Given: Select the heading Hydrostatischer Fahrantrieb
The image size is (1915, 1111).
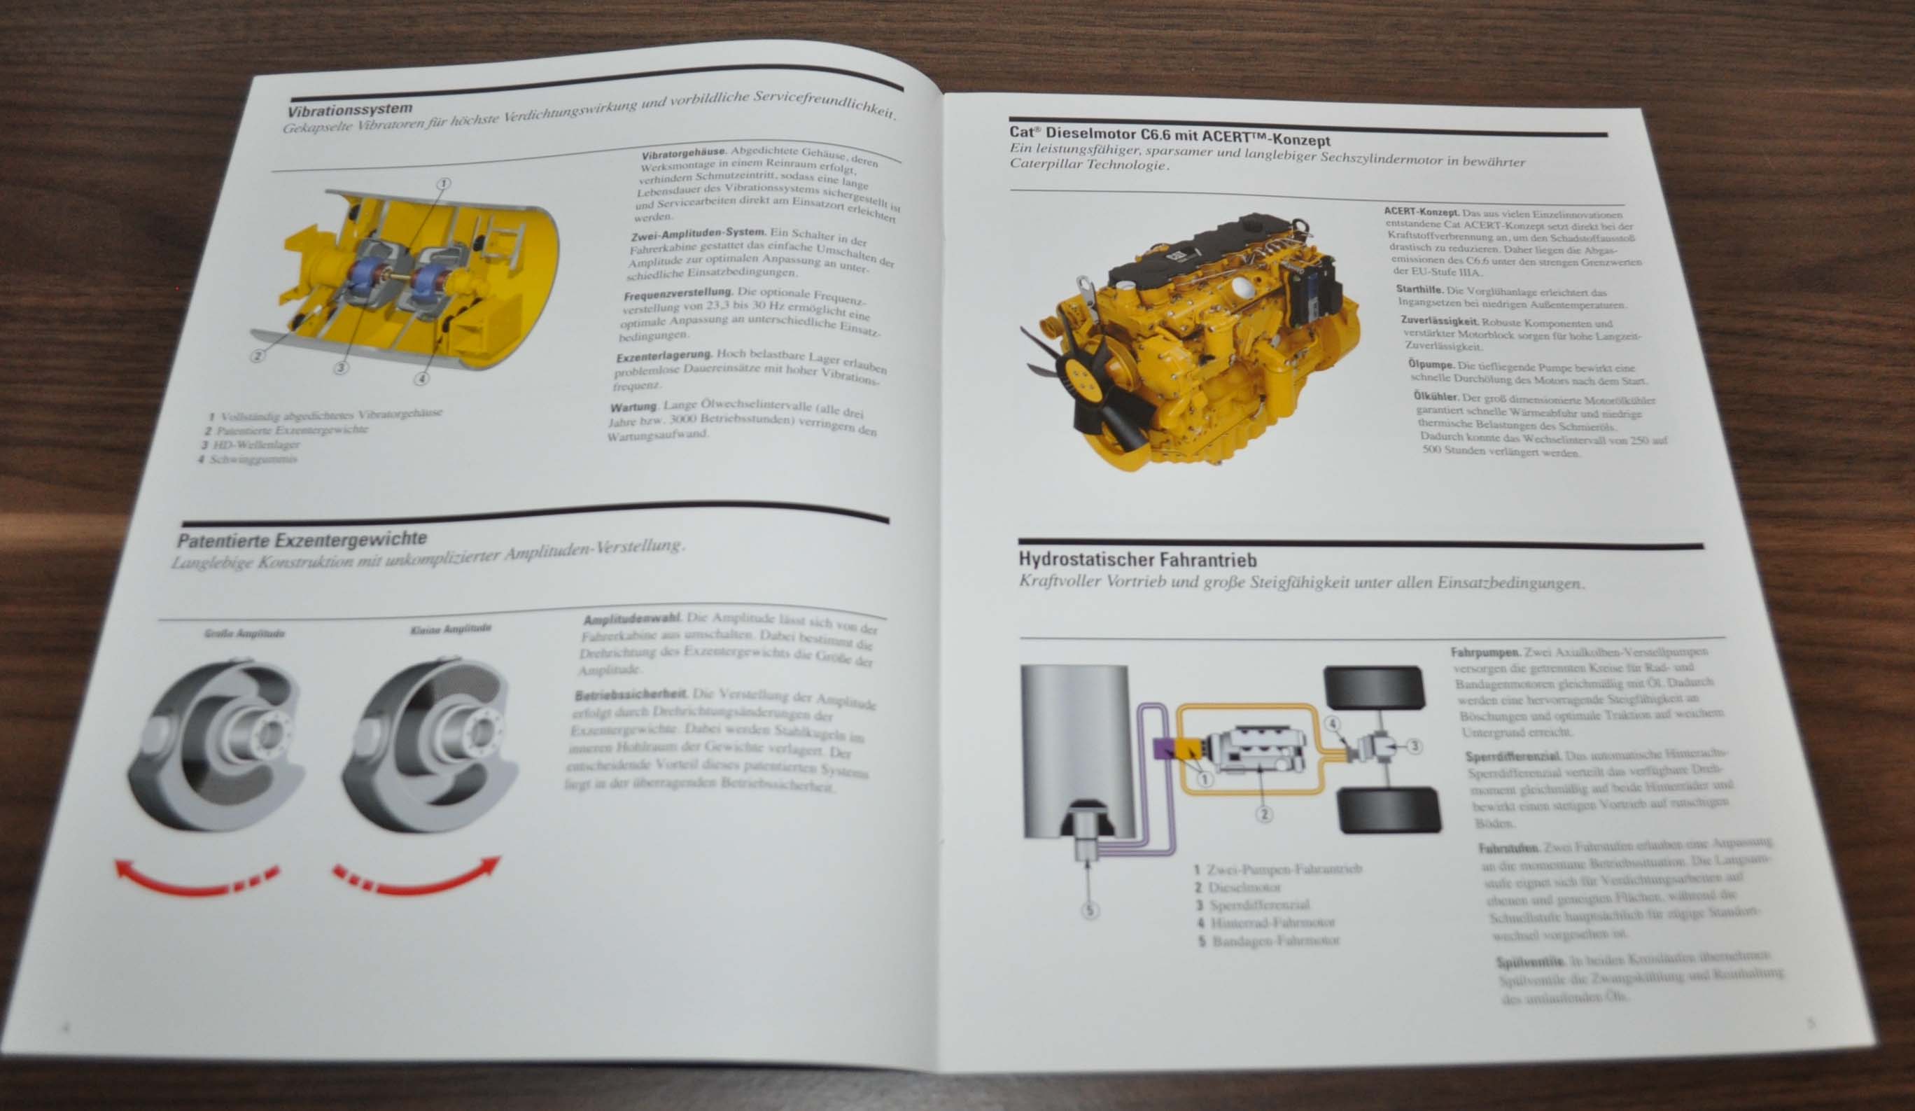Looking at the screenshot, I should tap(1137, 560).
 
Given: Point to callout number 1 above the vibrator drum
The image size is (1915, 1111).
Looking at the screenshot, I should tap(443, 183).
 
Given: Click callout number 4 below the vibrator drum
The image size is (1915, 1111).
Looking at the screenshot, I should tap(422, 377).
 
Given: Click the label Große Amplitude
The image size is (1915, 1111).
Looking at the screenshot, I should tap(244, 634).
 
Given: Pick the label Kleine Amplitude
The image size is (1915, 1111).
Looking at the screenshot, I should tap(451, 629).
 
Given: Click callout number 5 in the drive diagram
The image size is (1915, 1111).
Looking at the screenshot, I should tap(1090, 909).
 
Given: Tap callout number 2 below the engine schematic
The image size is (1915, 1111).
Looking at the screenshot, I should tap(1264, 814).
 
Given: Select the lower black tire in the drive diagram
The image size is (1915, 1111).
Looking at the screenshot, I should tap(1388, 810).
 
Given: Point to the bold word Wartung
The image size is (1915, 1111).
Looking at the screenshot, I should tap(632, 407).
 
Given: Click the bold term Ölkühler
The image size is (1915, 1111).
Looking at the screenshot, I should tap(1436, 397).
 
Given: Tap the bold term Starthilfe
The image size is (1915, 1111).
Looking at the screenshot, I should tap(1419, 290).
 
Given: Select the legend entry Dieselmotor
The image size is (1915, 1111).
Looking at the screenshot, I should tap(1244, 888).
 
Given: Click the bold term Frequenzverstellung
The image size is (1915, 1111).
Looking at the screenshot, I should tap(678, 293).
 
